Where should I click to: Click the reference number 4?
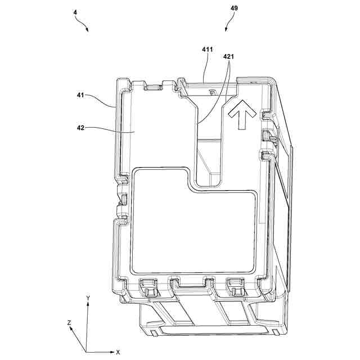pos(75,12)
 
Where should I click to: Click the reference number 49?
pos(234,8)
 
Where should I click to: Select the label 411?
pos(208,49)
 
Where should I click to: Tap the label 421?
pos(228,56)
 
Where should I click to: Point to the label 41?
pos(80,95)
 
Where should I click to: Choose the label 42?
pos(80,128)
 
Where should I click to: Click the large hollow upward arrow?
pos(242,114)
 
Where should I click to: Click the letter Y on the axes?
pos(88,298)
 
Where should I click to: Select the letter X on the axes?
pos(118,352)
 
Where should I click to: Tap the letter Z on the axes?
pos(69,323)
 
